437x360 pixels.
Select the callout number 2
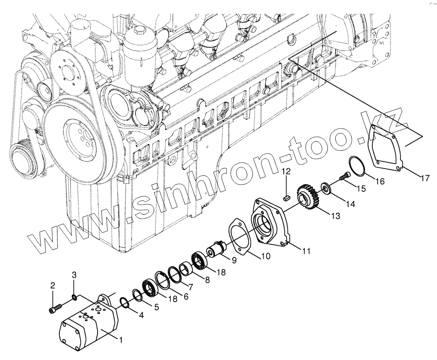point(52,286)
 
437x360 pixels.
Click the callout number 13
point(335,216)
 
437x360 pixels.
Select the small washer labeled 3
point(74,298)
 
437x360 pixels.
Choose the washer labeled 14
point(327,188)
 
